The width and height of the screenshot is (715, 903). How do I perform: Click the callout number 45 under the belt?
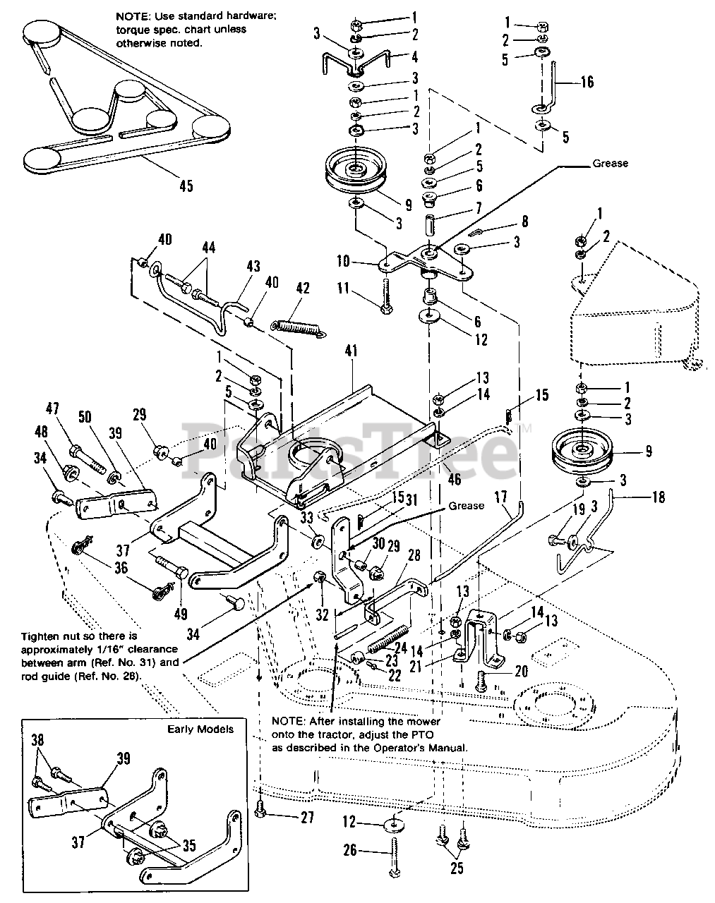(x=185, y=186)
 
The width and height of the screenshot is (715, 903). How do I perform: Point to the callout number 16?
(x=587, y=83)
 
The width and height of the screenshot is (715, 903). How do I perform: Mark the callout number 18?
(x=658, y=497)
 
